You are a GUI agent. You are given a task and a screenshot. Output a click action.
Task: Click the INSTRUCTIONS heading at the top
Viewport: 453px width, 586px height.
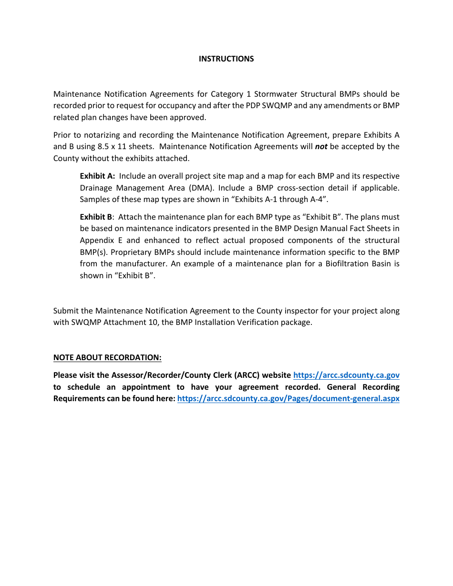tap(226, 59)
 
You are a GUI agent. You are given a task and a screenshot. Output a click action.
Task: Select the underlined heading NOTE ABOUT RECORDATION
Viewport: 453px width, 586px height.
tap(107, 357)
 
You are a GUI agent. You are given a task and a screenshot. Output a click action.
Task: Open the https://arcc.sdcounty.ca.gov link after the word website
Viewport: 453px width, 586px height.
tap(346, 375)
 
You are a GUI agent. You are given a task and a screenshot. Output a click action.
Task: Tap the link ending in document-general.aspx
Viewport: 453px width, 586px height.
tap(288, 399)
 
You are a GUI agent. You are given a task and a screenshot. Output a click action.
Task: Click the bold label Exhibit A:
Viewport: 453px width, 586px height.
tap(97, 176)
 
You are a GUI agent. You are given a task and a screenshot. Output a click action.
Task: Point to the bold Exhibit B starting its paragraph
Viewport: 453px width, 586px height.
tap(96, 217)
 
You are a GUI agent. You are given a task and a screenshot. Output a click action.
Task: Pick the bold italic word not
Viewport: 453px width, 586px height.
tap(321, 147)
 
